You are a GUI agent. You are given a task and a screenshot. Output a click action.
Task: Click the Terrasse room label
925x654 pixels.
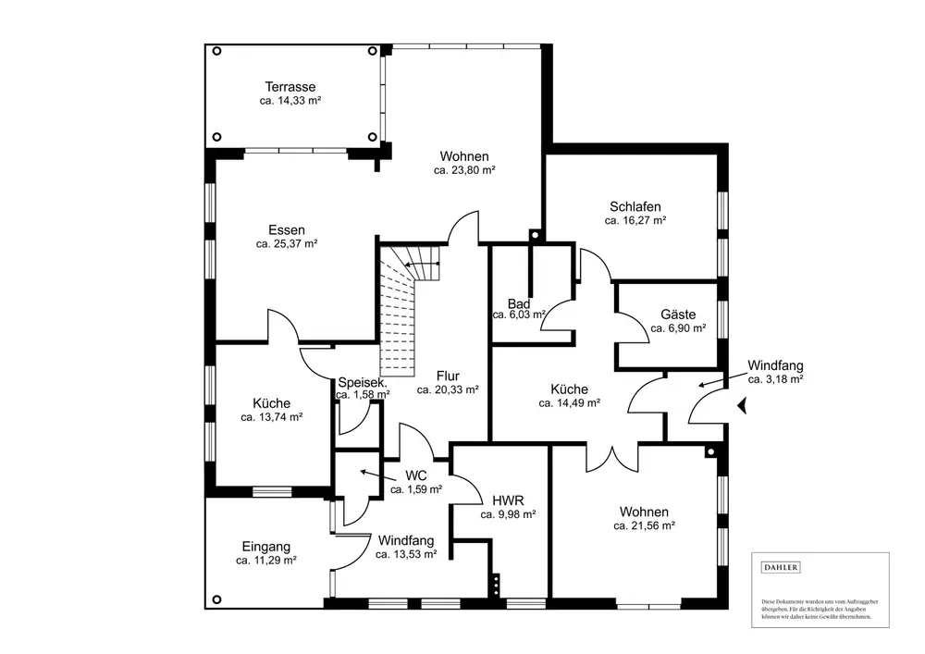[x=290, y=87]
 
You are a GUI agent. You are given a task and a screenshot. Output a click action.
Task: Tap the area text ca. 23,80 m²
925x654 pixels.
[x=464, y=170]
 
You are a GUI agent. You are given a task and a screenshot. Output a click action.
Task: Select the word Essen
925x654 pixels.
[x=287, y=230]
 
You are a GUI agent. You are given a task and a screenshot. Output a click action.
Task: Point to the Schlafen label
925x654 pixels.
[x=635, y=206]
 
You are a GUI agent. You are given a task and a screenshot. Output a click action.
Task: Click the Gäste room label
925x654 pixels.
[x=678, y=315]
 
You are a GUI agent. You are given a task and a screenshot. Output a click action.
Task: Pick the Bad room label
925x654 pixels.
[x=518, y=303]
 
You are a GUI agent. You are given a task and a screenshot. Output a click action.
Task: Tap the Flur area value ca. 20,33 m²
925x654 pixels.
[x=448, y=390]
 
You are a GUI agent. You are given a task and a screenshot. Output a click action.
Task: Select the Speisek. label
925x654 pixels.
[x=363, y=382]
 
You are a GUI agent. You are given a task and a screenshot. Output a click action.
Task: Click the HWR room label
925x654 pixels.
[x=509, y=500]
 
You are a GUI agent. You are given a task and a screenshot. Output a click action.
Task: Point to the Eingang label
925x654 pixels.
[x=266, y=546]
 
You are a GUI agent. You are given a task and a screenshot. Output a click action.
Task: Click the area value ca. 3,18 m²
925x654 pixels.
[x=775, y=379]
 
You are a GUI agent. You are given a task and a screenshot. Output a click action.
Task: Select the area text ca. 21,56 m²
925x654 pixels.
[x=644, y=525]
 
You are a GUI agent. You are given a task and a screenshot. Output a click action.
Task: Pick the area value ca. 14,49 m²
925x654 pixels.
[x=570, y=403]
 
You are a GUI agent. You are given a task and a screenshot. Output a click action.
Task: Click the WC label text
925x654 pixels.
[x=416, y=475]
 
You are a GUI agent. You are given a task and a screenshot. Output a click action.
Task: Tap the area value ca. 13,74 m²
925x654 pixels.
[x=272, y=417]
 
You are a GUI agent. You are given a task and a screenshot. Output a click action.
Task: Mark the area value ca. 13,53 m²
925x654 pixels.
[x=406, y=555]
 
